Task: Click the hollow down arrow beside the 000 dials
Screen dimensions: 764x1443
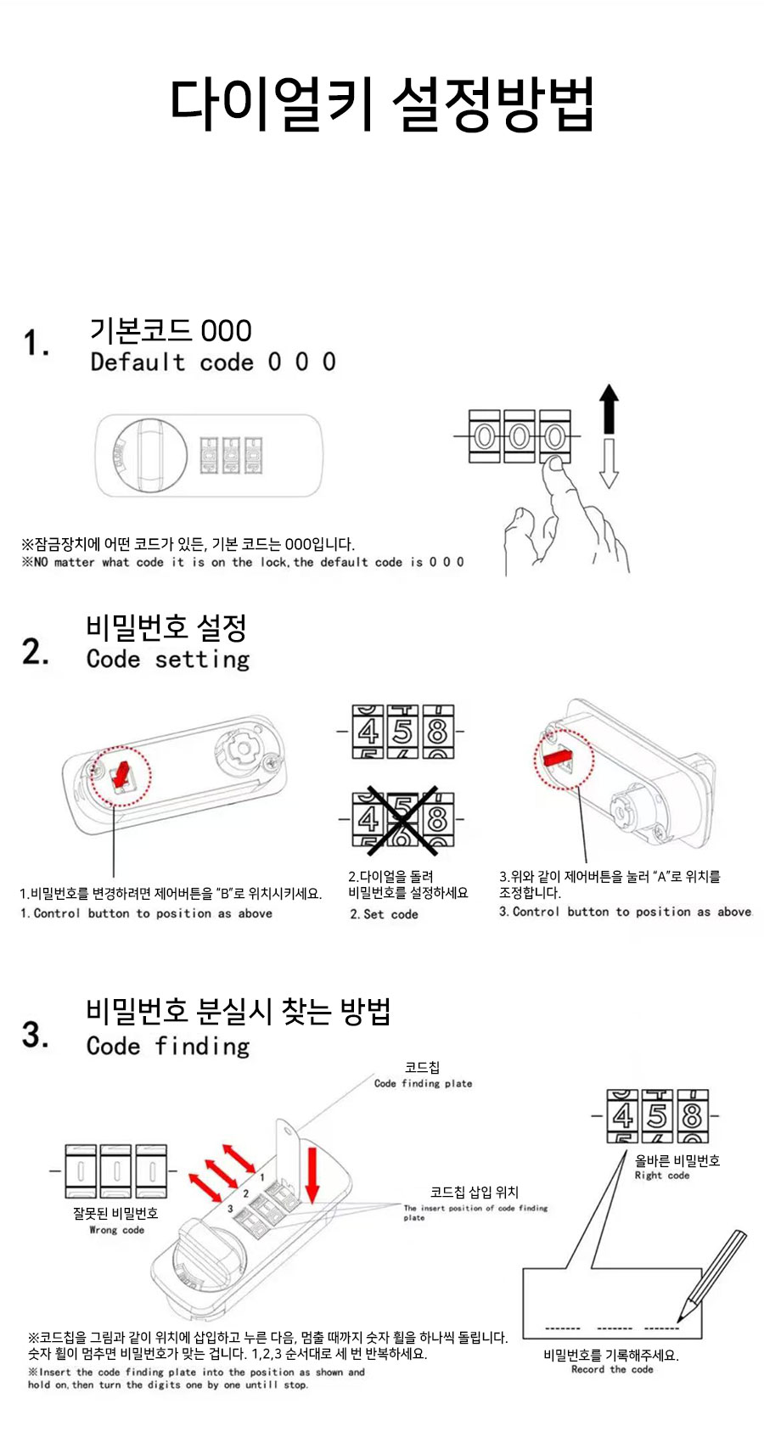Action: tap(609, 463)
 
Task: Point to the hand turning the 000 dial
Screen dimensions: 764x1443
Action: tap(565, 515)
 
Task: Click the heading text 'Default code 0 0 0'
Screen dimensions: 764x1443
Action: tap(213, 362)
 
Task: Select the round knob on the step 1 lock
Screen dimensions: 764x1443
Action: tap(151, 455)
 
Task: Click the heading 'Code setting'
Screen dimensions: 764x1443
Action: tap(168, 660)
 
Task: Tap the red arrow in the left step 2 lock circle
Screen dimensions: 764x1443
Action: tap(121, 775)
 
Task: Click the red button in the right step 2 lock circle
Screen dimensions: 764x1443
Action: tap(557, 757)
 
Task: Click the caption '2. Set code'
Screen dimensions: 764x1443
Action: tap(384, 914)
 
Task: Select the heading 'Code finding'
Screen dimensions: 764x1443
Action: tap(168, 1046)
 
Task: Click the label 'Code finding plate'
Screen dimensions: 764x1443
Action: tap(424, 1084)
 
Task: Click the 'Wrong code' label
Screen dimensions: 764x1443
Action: tap(116, 1230)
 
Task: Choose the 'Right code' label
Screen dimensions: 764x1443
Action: tap(661, 1175)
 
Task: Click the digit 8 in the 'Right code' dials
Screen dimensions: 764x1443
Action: tap(692, 1115)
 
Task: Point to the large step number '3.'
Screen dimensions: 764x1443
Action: tap(36, 1036)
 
